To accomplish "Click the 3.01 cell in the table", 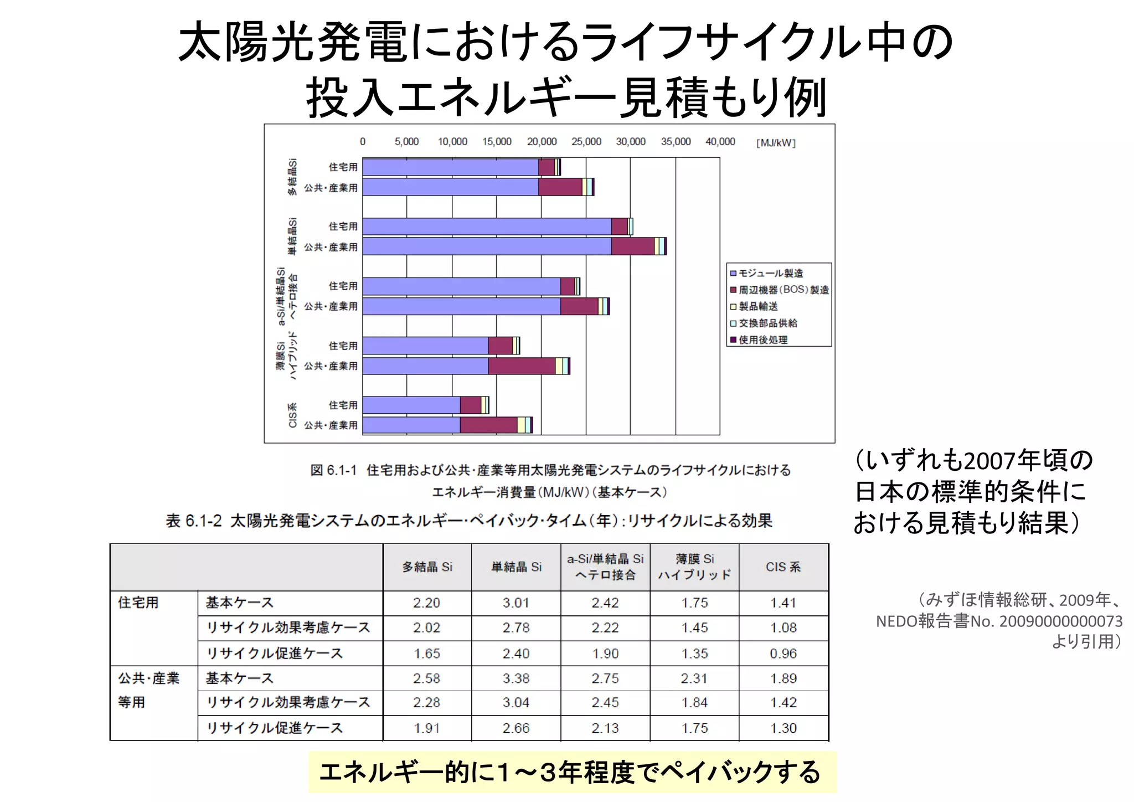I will point(516,603).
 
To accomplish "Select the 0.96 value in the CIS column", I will point(783,654).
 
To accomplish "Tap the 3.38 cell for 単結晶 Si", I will point(516,678).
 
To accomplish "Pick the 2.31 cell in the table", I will point(694,678).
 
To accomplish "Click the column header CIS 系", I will point(783,567).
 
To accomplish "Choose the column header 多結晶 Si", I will point(427,567).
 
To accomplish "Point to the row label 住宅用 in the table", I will point(138,603).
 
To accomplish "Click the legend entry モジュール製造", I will point(770,273).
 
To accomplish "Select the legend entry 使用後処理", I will point(762,340).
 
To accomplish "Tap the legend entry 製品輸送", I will point(758,306).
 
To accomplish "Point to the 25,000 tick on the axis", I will point(586,142).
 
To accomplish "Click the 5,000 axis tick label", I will point(406,142).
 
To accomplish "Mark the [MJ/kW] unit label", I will point(776,143).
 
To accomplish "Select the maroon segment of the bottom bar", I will point(488,425).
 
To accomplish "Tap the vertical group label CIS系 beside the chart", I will point(293,415).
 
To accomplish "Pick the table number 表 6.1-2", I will point(194,521).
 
